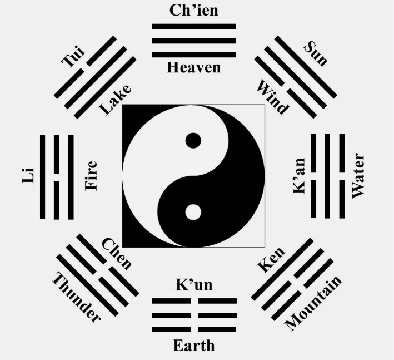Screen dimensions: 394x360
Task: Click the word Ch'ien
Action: [x=194, y=11]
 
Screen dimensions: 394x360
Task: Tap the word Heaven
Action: [x=194, y=67]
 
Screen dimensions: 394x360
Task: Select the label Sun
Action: [x=316, y=54]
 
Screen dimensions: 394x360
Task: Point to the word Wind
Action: [x=272, y=97]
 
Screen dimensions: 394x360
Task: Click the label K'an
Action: [x=299, y=176]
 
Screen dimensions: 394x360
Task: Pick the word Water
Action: [x=358, y=176]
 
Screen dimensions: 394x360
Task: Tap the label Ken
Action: [x=271, y=260]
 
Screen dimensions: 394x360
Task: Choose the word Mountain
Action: [x=313, y=303]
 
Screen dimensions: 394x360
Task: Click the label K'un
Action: [x=194, y=284]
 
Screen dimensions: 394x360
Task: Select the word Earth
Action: [x=194, y=346]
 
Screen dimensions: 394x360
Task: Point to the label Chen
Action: [x=117, y=254]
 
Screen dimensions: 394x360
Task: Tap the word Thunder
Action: [x=76, y=297]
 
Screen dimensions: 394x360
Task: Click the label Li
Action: [x=28, y=176]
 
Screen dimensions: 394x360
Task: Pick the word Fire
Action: [x=91, y=176]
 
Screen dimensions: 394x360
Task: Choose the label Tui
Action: [x=73, y=57]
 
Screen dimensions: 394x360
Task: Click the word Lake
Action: [x=116, y=100]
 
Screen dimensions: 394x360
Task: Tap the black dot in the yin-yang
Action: [x=193, y=140]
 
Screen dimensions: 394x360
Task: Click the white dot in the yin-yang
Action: [x=193, y=212]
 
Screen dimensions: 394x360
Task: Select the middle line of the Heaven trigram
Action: [x=194, y=41]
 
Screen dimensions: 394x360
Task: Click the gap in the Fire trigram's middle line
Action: [x=56, y=177]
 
